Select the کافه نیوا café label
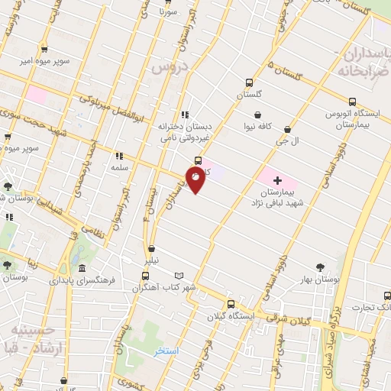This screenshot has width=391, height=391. pyautogui.click(x=258, y=125)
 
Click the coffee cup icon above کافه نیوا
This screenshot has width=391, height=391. pyautogui.click(x=258, y=114)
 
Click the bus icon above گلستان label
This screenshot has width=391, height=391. pyautogui.click(x=248, y=84)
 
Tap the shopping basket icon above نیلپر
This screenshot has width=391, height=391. pyautogui.click(x=153, y=249)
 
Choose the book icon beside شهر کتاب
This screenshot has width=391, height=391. pyautogui.click(x=179, y=275)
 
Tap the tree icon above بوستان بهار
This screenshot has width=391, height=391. pyautogui.click(x=319, y=267)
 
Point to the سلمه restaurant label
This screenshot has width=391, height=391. pyautogui.click(x=118, y=166)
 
